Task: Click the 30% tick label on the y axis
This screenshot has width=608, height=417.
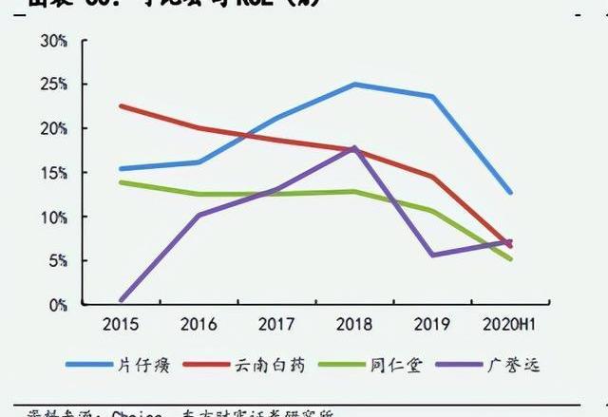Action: pyautogui.click(x=53, y=41)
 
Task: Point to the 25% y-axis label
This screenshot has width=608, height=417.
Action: pyautogui.click(x=53, y=85)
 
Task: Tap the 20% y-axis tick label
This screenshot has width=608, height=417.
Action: pyautogui.click(x=53, y=128)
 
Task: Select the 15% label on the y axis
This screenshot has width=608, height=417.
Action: pyautogui.click(x=53, y=173)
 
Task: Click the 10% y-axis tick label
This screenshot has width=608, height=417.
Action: pyautogui.click(x=53, y=217)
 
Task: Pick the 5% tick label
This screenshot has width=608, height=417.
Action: pyautogui.click(x=57, y=260)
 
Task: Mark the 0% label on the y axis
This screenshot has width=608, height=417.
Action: pyautogui.click(x=57, y=304)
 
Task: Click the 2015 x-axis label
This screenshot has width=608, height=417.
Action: pyautogui.click(x=121, y=325)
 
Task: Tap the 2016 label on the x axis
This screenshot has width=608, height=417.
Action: pyautogui.click(x=199, y=325)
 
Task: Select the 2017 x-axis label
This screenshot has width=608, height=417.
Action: pyautogui.click(x=276, y=325)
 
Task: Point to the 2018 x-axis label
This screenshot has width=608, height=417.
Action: pyautogui.click(x=354, y=325)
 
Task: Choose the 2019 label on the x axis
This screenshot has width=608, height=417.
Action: pyautogui.click(x=432, y=325)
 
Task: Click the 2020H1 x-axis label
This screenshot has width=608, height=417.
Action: pyautogui.click(x=510, y=325)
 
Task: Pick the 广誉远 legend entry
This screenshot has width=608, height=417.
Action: pyautogui.click(x=513, y=365)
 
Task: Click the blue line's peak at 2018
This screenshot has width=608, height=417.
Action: pyautogui.click(x=354, y=85)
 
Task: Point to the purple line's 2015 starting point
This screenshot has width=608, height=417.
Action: pyautogui.click(x=121, y=301)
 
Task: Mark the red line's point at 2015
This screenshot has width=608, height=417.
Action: pyautogui.click(x=121, y=105)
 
